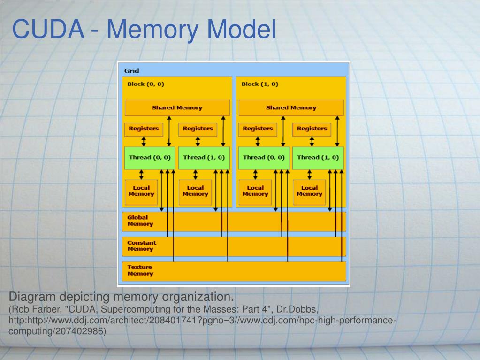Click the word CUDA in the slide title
[x=48, y=29]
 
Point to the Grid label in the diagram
[x=131, y=71]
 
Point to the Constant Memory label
[x=142, y=246]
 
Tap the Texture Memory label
[x=140, y=270]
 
